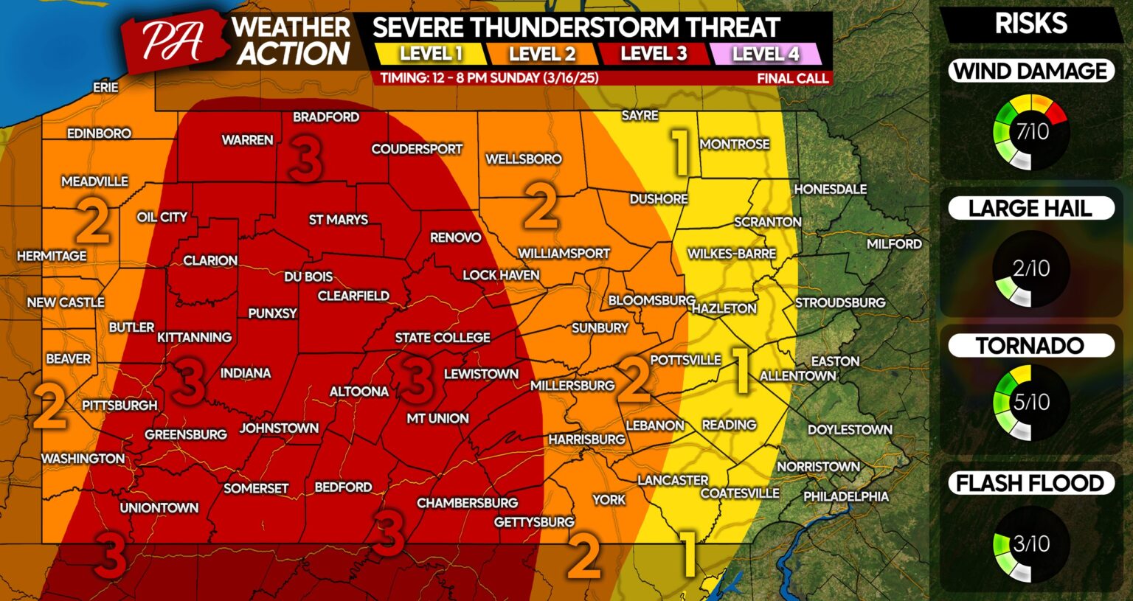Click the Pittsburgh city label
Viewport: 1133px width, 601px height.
[119, 406]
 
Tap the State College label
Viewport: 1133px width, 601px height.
[443, 338]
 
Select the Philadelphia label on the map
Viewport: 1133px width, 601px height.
[845, 496]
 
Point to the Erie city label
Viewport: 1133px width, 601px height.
[105, 87]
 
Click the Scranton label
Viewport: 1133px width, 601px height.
[767, 222]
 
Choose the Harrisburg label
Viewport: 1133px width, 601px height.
[586, 440]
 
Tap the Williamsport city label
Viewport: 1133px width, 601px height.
[564, 254]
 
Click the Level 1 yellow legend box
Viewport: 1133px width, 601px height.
[431, 54]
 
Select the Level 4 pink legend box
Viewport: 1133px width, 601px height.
[766, 54]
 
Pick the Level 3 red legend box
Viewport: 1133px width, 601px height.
[654, 54]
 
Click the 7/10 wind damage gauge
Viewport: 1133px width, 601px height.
[1031, 132]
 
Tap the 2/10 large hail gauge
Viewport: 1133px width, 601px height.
[1031, 269]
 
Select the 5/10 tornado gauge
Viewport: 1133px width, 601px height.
[1031, 402]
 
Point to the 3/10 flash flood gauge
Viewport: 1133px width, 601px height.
[1031, 544]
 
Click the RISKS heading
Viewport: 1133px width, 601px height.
[1030, 24]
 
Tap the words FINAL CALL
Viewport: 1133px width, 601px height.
[792, 78]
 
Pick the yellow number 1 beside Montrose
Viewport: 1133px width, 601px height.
[679, 151]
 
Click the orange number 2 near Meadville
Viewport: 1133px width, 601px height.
[93, 221]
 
